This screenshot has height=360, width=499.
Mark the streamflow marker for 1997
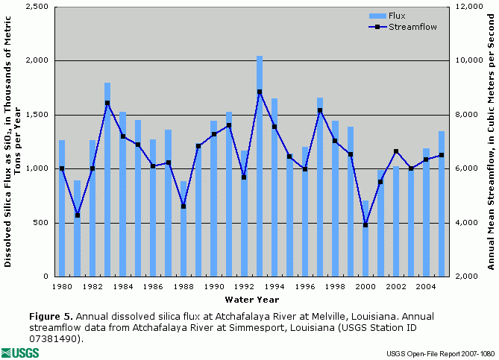(320, 110)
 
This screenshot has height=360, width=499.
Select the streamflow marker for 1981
(77, 215)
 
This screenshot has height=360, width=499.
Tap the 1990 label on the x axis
(214, 286)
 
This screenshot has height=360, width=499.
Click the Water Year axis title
(252, 300)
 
